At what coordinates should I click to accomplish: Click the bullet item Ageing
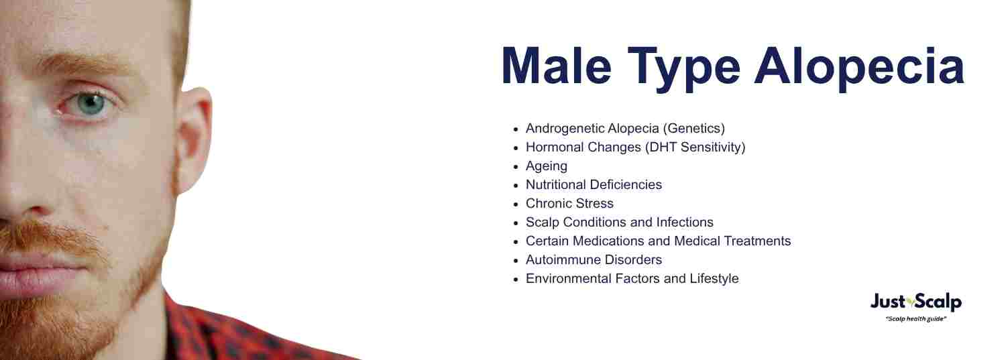click(x=546, y=166)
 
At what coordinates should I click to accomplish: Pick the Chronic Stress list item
click(x=569, y=203)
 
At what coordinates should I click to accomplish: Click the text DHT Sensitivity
click(x=695, y=147)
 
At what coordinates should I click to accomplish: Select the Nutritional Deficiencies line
click(x=594, y=184)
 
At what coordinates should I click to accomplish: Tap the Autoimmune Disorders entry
click(x=594, y=259)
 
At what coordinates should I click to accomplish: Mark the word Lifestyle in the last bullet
click(x=714, y=278)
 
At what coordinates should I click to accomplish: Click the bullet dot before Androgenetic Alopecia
click(x=516, y=129)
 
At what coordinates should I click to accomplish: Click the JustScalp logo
click(x=915, y=302)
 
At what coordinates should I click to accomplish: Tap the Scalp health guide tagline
click(x=915, y=319)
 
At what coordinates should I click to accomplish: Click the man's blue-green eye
click(x=91, y=104)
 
